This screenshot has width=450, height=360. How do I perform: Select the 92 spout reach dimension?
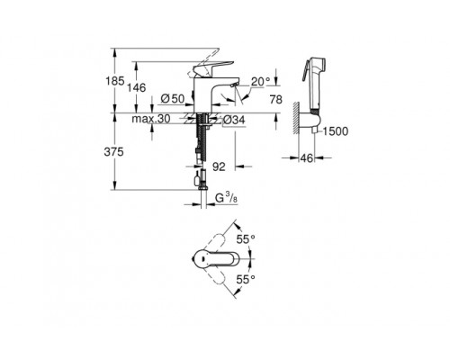[218, 166]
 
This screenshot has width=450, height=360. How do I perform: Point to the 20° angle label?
[263, 81]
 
